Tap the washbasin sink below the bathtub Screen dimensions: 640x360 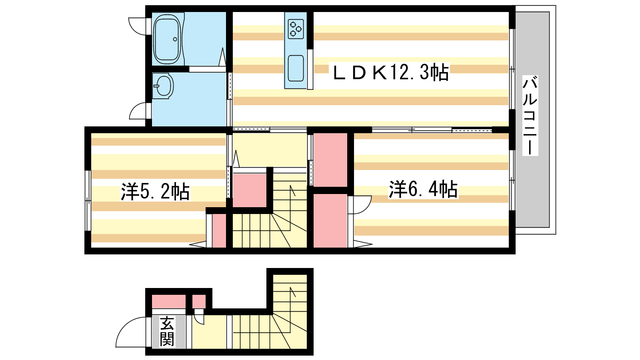tap(163, 86)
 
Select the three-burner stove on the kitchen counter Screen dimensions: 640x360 tap(296, 29)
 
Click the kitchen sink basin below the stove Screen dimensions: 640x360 tap(296, 68)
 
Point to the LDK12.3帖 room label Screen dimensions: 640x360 tap(391, 72)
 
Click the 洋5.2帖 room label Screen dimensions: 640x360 tap(155, 191)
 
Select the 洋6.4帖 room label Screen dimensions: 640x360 tap(423, 189)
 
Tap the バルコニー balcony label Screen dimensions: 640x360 tap(530, 116)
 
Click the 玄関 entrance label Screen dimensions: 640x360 tap(167, 331)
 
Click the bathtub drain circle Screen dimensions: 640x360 tap(175, 39)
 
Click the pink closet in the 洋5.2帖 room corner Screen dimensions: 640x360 tap(219, 230)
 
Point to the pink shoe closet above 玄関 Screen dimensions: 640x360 tap(168, 302)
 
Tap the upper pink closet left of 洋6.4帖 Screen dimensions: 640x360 tap(330, 160)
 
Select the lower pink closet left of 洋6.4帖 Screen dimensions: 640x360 tap(330, 220)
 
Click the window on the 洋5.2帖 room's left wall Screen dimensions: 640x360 tap(88, 200)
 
